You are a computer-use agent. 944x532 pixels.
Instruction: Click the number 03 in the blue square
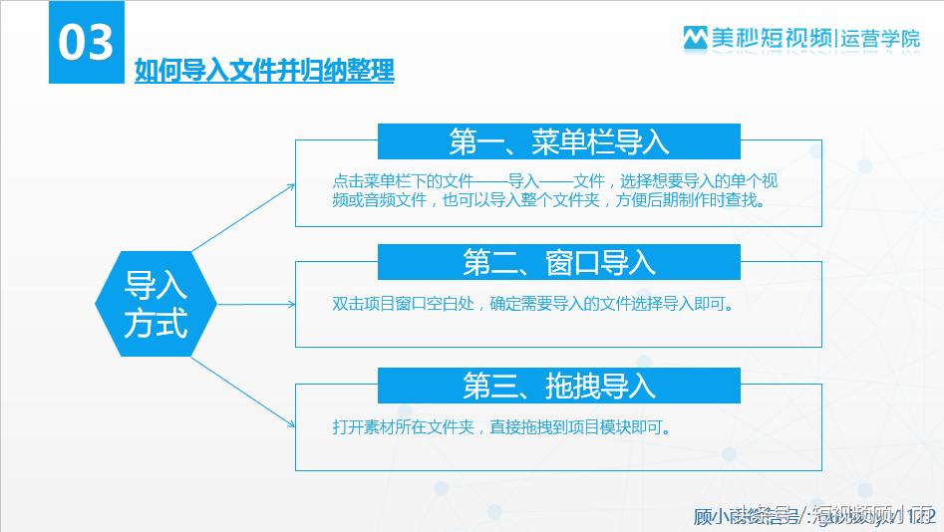pyautogui.click(x=86, y=43)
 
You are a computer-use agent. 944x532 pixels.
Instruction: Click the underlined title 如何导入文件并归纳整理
pyautogui.click(x=264, y=72)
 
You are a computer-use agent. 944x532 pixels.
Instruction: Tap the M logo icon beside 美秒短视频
pyautogui.click(x=694, y=38)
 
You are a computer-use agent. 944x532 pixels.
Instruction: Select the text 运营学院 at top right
pyautogui.click(x=881, y=38)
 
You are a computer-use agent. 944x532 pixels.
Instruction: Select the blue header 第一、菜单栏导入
pyautogui.click(x=558, y=141)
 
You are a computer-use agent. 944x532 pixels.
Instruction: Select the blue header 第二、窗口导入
pyautogui.click(x=558, y=262)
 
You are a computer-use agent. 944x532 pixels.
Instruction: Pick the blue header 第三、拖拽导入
pyautogui.click(x=558, y=385)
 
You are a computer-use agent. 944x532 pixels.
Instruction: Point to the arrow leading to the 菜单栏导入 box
pyautogui.click(x=244, y=217)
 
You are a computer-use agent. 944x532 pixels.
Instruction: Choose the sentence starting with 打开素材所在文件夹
pyautogui.click(x=500, y=427)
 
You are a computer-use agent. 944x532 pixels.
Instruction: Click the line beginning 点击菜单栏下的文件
pyautogui.click(x=554, y=181)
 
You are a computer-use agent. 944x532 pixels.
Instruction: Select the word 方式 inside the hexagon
pyautogui.click(x=156, y=324)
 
